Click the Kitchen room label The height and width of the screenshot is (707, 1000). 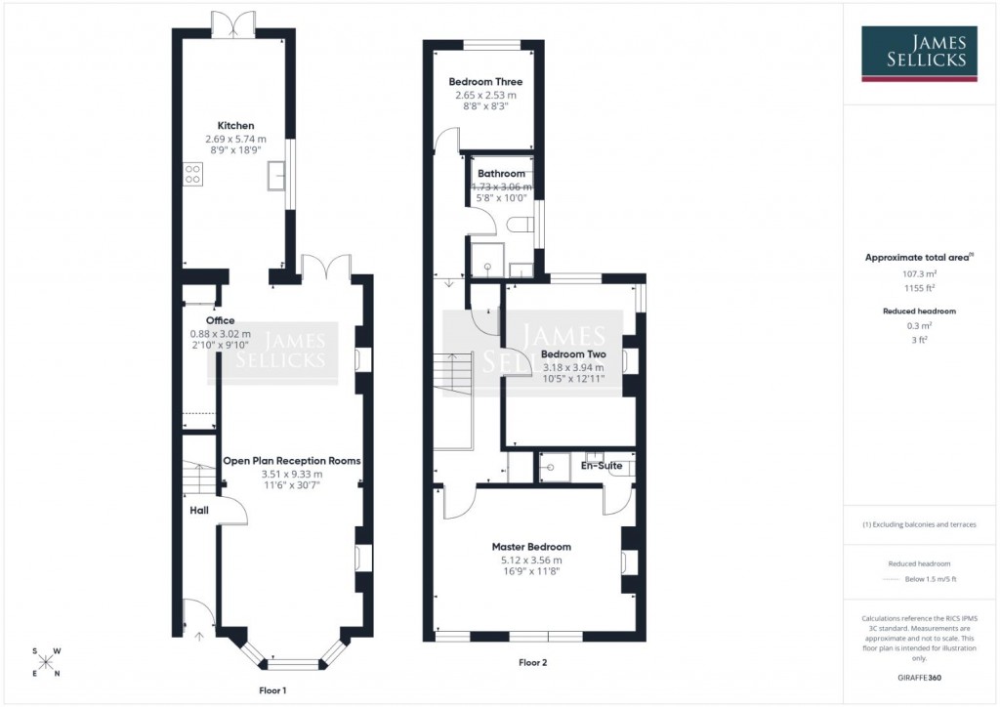coord(235,126)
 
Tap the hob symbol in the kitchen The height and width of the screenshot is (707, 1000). coord(192,175)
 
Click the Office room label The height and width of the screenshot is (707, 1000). coord(220,320)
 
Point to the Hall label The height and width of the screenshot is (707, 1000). coord(198,509)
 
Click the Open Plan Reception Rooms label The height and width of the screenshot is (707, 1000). coord(291,461)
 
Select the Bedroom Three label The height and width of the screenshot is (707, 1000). coord(485,82)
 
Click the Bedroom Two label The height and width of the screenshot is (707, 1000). coord(573,354)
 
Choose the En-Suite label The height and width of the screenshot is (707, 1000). coord(602,466)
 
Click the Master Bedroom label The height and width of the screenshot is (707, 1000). coord(531,547)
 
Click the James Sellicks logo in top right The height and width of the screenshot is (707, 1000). coord(918,53)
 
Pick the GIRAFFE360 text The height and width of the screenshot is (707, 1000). coord(919,677)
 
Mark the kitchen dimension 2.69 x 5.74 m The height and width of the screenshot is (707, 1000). coord(235,140)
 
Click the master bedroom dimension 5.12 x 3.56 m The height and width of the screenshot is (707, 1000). coord(531,561)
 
